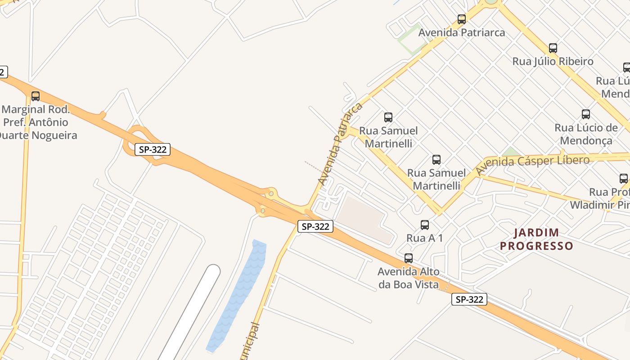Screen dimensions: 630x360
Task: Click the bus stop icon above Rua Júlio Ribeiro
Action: (x=553, y=48)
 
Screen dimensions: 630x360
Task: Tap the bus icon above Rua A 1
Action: (x=425, y=225)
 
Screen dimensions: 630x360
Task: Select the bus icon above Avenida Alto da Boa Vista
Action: (x=409, y=258)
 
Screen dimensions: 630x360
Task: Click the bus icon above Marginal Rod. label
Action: (x=36, y=96)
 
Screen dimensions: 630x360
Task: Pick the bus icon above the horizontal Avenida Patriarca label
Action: (x=462, y=19)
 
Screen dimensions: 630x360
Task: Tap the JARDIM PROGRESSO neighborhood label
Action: (x=536, y=239)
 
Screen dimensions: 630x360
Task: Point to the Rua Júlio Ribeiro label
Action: (x=553, y=61)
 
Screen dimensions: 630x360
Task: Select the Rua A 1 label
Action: (x=424, y=238)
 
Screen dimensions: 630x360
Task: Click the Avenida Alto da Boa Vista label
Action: (x=408, y=278)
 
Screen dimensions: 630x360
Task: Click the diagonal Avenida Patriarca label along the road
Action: (x=340, y=144)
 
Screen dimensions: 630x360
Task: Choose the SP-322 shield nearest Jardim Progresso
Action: (x=469, y=299)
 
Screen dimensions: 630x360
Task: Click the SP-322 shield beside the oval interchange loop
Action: (x=153, y=149)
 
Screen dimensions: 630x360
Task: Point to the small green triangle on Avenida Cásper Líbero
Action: (x=511, y=152)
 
